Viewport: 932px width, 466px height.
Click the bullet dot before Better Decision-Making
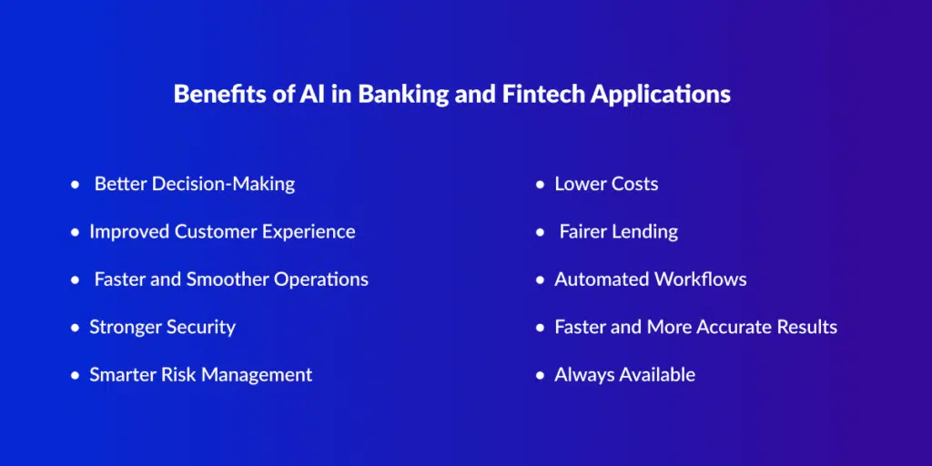75,185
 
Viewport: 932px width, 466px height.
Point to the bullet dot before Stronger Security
75,328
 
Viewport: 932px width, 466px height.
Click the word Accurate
735,327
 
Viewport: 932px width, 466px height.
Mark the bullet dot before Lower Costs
540,185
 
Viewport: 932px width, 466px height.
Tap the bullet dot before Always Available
540,375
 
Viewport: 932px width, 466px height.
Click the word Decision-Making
224,185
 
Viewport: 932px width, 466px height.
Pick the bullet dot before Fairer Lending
540,232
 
